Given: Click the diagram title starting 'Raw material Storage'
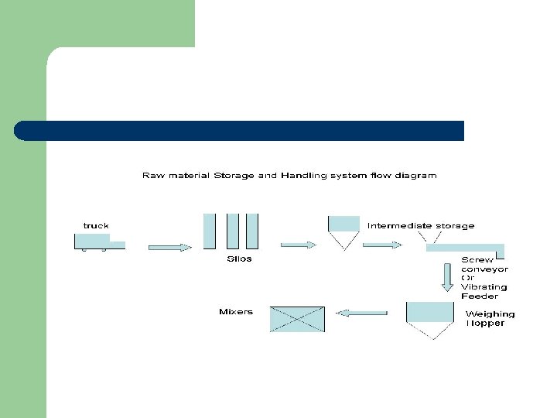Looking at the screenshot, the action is tap(289, 176).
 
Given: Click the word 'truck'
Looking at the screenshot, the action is tap(96, 225).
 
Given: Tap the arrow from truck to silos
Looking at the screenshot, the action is tap(169, 248).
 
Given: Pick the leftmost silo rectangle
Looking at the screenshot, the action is tap(209, 231).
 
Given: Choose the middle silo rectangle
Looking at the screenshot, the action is tap(233, 231).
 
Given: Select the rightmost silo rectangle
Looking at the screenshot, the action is tap(251, 231).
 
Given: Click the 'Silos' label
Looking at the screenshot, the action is tap(239, 259).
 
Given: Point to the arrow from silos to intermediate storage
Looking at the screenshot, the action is tap(298, 245).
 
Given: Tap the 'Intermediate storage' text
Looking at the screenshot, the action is tap(421, 226).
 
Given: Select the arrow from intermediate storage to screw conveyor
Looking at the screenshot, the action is tap(382, 245).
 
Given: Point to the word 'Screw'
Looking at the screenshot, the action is tap(477, 260).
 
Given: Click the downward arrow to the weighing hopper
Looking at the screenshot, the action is tap(448, 277).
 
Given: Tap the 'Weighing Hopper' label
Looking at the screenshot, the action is tap(489, 318).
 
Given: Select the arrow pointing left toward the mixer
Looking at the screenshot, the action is tap(363, 313).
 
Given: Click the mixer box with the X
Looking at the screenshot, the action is tap(297, 319).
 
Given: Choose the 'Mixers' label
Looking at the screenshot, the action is tap(236, 312).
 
